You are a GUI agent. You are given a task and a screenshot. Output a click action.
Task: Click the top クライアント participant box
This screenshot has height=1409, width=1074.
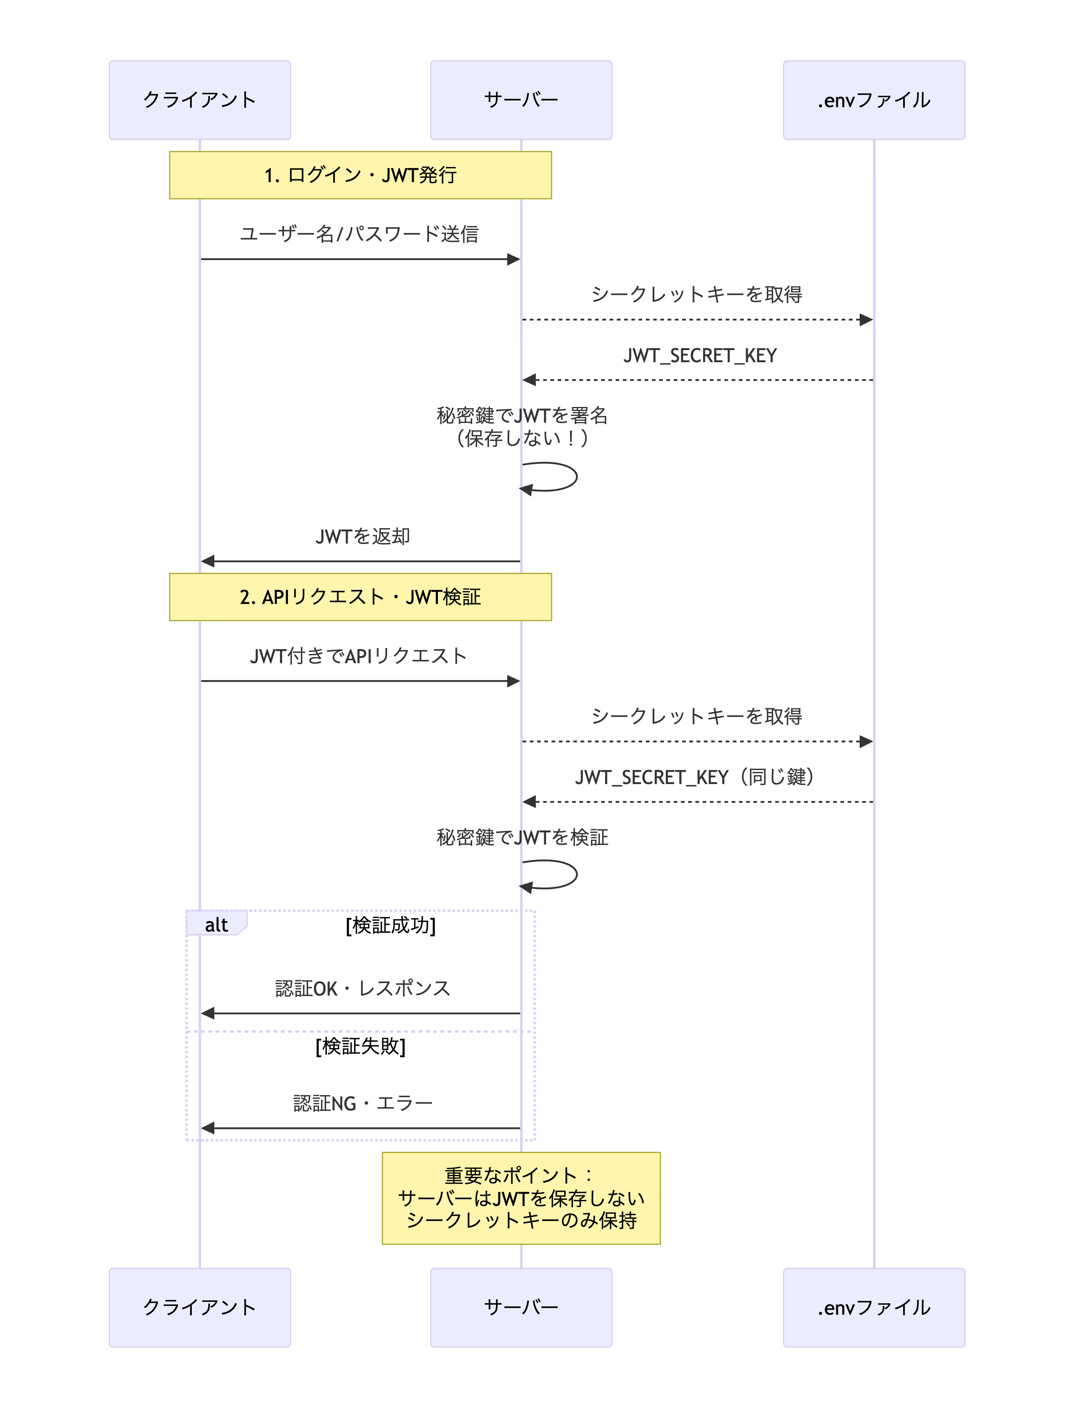pos(199,100)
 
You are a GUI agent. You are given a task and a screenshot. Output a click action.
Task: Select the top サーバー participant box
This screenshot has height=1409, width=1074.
pos(521,100)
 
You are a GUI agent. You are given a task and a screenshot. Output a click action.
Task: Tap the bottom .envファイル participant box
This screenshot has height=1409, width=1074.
pos(874,1307)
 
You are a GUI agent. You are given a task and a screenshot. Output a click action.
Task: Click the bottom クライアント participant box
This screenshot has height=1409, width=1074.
pos(199,1307)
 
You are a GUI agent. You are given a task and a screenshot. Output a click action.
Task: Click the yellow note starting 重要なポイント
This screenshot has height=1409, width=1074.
pos(521,1198)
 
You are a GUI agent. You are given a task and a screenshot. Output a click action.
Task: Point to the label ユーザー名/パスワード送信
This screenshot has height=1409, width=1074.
pos(359,234)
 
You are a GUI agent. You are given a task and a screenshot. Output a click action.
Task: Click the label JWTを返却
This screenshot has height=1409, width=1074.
pos(363,536)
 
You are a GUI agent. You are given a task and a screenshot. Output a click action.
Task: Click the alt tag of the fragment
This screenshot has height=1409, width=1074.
pos(216,924)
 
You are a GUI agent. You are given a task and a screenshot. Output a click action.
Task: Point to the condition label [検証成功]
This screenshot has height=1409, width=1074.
pos(391,925)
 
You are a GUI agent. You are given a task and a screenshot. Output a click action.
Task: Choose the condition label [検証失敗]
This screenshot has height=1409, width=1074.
pos(361,1046)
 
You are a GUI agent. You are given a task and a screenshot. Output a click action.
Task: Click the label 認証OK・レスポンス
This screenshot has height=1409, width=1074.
pos(363,988)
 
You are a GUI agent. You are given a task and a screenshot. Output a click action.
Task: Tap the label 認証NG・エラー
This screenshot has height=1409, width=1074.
pos(363,1104)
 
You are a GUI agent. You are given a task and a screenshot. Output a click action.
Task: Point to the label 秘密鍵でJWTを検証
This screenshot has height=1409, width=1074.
pos(522,838)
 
